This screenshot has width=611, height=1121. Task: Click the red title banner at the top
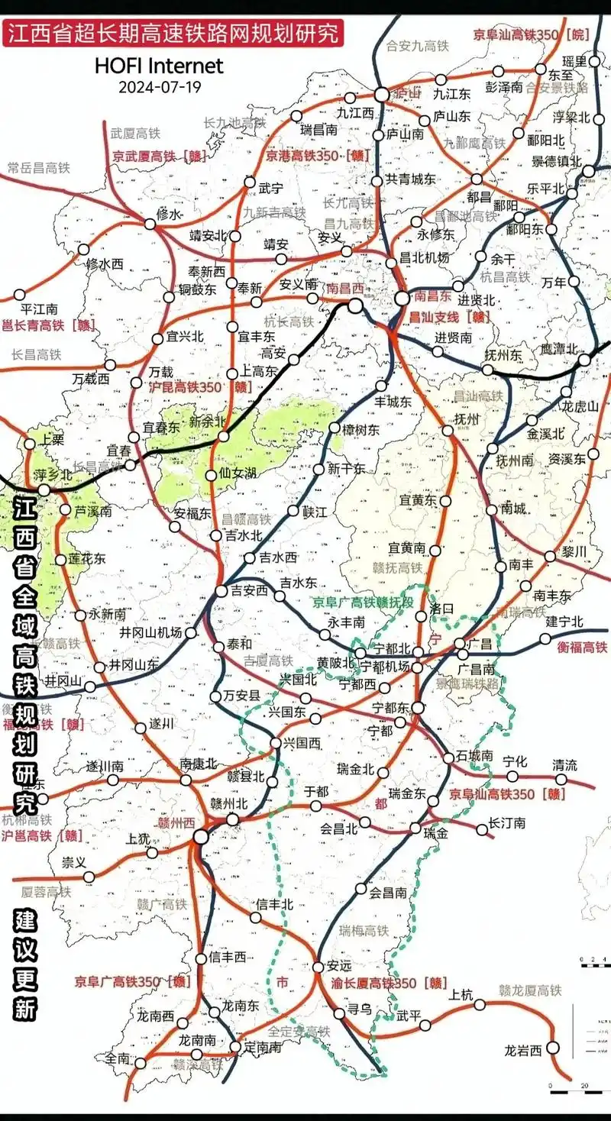click(171, 34)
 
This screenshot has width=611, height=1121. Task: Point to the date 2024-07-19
click(159, 86)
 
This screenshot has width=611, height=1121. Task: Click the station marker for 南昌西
click(355, 305)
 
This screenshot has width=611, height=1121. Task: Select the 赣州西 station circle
click(201, 837)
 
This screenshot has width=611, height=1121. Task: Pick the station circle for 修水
click(150, 224)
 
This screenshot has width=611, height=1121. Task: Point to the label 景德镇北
click(556, 161)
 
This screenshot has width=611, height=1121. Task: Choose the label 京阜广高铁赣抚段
click(363, 602)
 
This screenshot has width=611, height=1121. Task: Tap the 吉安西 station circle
click(221, 590)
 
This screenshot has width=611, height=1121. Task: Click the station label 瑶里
click(574, 61)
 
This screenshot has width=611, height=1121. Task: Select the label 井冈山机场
click(151, 632)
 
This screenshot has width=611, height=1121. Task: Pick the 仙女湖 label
click(238, 473)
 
